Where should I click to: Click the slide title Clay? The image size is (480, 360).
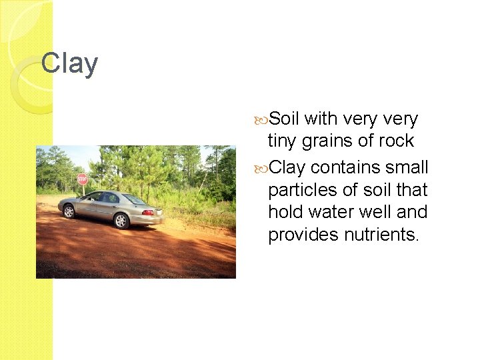(x=69, y=64)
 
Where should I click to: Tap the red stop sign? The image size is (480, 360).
(x=82, y=179)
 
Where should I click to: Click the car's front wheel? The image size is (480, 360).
(x=69, y=211)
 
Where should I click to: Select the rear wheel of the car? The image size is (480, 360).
(x=121, y=221)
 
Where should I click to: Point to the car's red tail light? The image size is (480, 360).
(x=147, y=212)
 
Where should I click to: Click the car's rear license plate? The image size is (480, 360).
(x=159, y=212)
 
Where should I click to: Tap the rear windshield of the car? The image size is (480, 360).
(x=134, y=199)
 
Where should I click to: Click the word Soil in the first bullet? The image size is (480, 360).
(x=285, y=119)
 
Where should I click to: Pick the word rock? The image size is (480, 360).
(x=399, y=141)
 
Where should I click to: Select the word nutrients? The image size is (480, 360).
(x=382, y=235)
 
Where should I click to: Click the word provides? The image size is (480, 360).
(x=303, y=235)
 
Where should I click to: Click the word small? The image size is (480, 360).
(x=407, y=166)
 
